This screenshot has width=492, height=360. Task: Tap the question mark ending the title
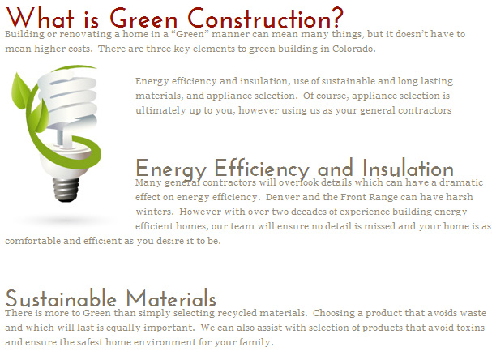337,18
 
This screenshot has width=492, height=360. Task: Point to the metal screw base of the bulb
66,190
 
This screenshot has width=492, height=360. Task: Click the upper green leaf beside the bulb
20,90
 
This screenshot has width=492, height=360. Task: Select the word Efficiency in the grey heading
262,169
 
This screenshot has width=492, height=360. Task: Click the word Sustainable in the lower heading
61,298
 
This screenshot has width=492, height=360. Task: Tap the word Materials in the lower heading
171,298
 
